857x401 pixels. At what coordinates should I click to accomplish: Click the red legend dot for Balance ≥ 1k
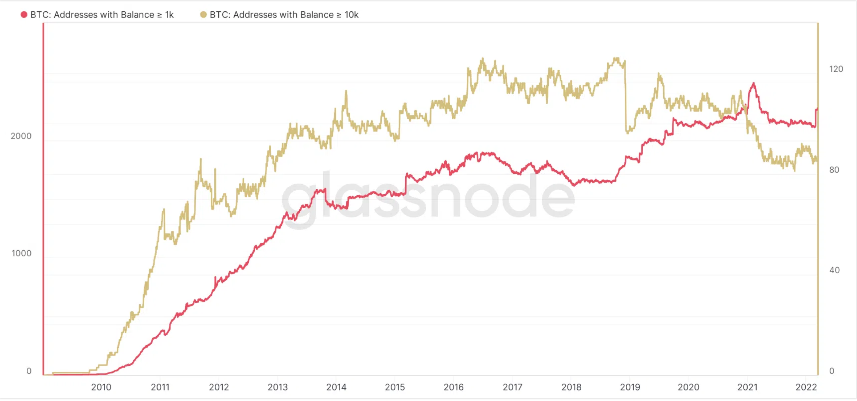(x=24, y=15)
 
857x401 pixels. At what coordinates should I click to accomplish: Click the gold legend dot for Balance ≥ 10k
(x=203, y=15)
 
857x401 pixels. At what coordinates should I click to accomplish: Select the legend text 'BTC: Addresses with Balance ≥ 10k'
(x=284, y=15)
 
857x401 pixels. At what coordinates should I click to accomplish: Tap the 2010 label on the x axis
(x=101, y=387)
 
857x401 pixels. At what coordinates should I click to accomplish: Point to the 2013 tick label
(x=278, y=387)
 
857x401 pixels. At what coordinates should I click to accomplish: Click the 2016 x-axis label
(x=454, y=387)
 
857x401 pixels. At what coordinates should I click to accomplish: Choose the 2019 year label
(x=630, y=387)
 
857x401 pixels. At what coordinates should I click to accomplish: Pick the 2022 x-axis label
(x=806, y=387)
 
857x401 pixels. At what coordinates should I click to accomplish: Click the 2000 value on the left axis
(x=21, y=136)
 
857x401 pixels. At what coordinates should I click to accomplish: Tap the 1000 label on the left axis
(x=21, y=253)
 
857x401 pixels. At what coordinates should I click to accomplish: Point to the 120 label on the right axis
(x=836, y=69)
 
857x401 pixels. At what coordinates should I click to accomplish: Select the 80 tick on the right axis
(x=834, y=170)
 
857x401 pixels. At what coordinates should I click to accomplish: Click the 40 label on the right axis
(x=834, y=270)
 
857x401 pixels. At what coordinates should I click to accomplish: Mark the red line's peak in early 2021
(x=754, y=83)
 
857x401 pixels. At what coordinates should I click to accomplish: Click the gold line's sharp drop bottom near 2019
(x=627, y=132)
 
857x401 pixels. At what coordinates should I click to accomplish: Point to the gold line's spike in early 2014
(x=346, y=91)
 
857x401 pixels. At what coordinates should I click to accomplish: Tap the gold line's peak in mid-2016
(x=482, y=59)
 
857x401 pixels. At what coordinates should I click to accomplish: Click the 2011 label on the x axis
(x=160, y=387)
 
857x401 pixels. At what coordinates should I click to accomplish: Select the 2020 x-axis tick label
(x=688, y=387)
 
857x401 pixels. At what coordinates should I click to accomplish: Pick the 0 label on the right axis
(x=832, y=371)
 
